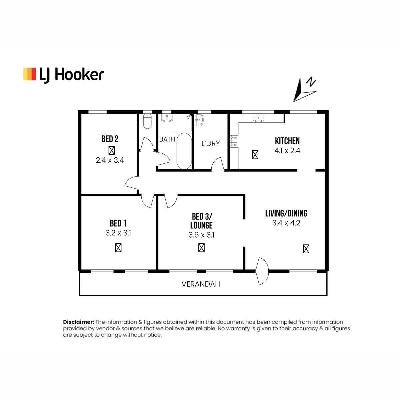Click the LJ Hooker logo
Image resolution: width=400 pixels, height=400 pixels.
point(63,75)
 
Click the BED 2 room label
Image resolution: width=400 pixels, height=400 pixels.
point(110,139)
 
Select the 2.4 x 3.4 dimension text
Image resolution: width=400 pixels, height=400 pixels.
point(110,160)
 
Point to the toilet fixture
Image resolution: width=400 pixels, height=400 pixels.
point(147,121)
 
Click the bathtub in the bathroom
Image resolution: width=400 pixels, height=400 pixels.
point(184,151)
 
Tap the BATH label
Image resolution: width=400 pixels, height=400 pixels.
point(167,139)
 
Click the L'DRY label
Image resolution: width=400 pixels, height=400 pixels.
point(210,143)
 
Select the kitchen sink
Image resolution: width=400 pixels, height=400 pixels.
point(258,118)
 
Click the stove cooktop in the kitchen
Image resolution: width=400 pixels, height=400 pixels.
point(234,141)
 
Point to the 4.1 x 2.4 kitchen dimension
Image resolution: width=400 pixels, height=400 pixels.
point(287,150)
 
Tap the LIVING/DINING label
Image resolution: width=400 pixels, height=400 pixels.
point(286,213)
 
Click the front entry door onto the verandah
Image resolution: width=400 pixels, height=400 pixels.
point(262,271)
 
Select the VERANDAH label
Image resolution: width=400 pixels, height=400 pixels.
point(201,284)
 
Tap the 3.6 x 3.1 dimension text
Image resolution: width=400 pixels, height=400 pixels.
point(201,235)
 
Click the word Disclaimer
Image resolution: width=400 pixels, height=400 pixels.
point(79,322)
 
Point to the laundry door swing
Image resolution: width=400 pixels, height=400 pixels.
point(218,164)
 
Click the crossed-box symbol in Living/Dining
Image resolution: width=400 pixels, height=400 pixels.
point(306,249)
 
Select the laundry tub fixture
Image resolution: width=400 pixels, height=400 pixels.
point(199,120)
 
